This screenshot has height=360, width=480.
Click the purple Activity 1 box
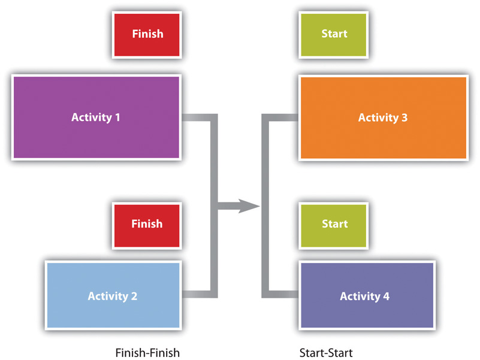coord(96,117)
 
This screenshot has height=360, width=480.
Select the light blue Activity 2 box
coord(113,295)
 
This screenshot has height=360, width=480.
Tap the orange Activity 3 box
coord(383,117)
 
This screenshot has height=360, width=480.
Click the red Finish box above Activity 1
coord(147,34)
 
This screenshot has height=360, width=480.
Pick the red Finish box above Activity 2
coord(147,223)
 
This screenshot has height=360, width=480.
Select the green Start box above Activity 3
coord(334,34)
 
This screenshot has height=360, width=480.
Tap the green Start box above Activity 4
coord(334,223)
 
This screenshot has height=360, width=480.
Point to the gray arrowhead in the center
coord(249,207)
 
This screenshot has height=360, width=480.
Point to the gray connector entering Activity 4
coord(282,294)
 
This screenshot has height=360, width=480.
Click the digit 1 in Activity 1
coord(117,117)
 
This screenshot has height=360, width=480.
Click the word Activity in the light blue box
coord(107,296)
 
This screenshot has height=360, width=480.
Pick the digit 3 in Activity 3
coord(404,117)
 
